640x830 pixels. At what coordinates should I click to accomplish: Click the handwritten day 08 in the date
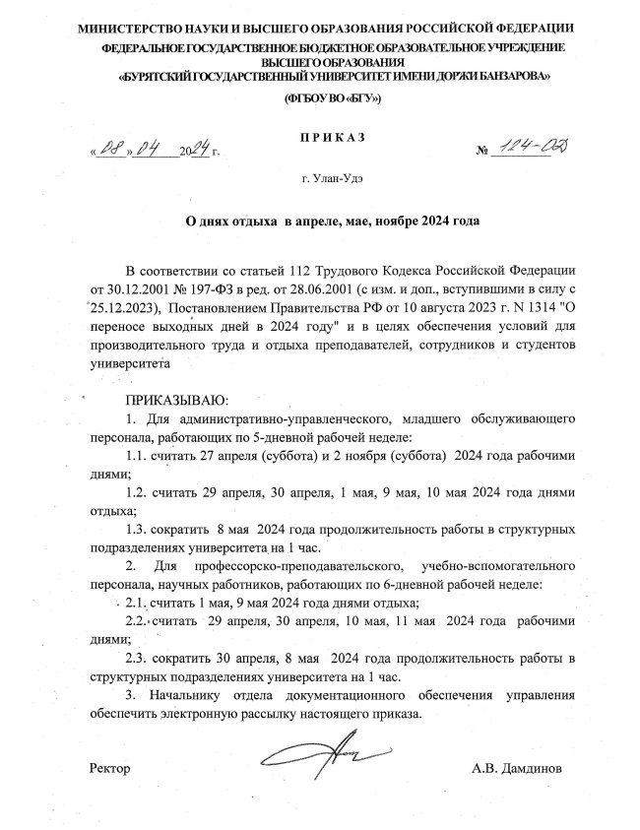coord(105,151)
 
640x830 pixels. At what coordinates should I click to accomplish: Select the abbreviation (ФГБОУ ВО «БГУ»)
coord(331,99)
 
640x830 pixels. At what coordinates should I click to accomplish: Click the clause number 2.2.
coord(140,623)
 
